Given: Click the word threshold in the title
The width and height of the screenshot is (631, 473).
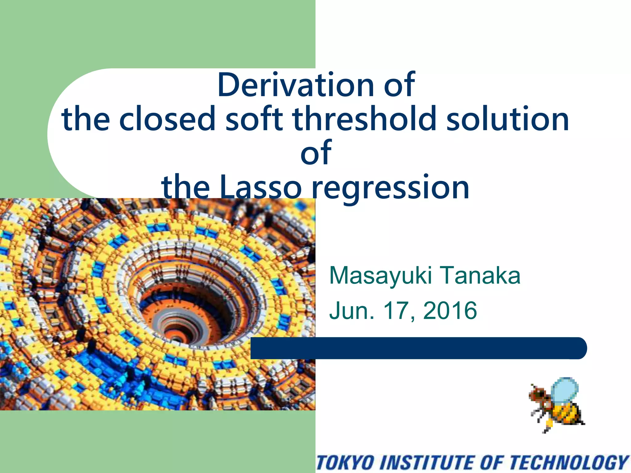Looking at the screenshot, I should [x=364, y=119].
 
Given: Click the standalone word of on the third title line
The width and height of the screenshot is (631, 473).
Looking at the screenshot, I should [x=316, y=153].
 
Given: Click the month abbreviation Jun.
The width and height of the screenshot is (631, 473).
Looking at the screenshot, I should [x=351, y=310].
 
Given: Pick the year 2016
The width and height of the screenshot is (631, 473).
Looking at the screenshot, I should [x=450, y=310].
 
